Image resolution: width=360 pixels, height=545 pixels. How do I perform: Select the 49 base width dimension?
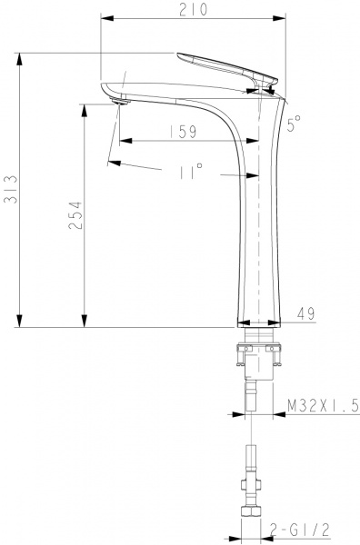click(305, 314)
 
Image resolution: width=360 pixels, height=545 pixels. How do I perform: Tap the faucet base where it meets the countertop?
click(261, 322)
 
